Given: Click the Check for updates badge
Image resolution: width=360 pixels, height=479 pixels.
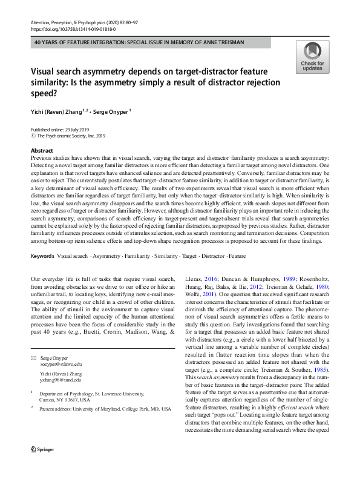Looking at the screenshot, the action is point(313,58).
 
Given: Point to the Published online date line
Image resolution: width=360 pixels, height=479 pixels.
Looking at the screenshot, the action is point(62,130).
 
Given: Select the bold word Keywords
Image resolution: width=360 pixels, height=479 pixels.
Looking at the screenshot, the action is point(43,256).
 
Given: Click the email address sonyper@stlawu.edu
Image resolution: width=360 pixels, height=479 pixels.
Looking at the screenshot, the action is point(60,364).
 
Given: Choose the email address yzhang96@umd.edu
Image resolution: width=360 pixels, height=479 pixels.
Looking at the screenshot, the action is point(60,380).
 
